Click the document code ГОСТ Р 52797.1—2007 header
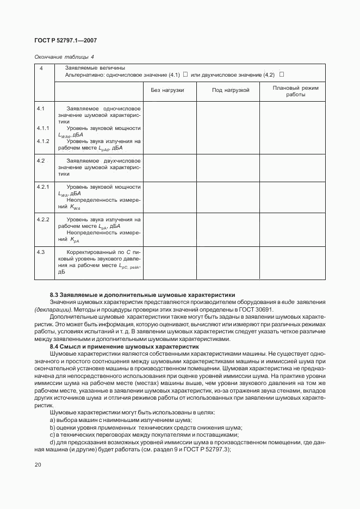click(65, 41)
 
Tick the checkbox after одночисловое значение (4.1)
click(185, 74)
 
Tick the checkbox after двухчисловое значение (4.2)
click(282, 74)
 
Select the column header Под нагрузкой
click(230, 90)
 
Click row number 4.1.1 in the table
click(44, 128)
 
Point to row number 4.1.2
click(44, 141)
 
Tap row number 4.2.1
click(44, 187)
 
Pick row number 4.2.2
click(44, 220)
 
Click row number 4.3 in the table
click(41, 252)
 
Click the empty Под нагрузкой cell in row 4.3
click(228, 264)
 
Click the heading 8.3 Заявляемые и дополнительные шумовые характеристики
click(142, 294)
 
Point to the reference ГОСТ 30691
click(262, 309)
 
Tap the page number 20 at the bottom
click(38, 464)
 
